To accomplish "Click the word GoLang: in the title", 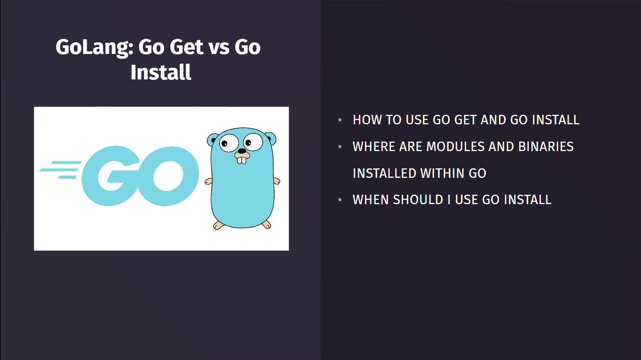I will click(x=94, y=47).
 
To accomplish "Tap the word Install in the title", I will click(x=161, y=72).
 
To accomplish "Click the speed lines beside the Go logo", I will click(x=60, y=170).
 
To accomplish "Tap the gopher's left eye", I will click(x=229, y=143).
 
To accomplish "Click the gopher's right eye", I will click(x=253, y=141).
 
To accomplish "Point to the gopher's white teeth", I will click(x=242, y=160).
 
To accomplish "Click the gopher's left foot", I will click(x=219, y=225).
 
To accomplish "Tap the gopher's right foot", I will click(x=267, y=224).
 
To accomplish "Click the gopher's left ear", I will click(x=213, y=140).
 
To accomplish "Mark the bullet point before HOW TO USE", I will click(x=340, y=120).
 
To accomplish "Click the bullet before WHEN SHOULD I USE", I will click(x=340, y=200).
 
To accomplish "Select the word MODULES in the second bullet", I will click(x=450, y=147).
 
